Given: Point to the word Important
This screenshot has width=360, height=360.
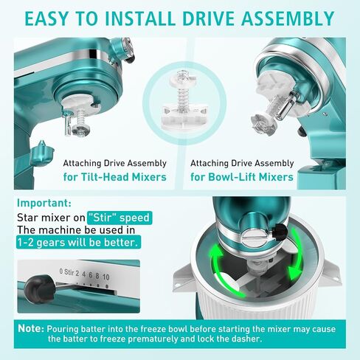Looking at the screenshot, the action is pyautogui.click(x=43, y=203).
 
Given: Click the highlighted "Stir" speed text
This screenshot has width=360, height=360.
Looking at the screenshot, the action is pyautogui.click(x=120, y=218).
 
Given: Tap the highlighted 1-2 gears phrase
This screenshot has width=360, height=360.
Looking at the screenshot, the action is pyautogui.click(x=78, y=242).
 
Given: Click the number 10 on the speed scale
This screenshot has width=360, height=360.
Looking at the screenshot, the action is pyautogui.click(x=105, y=277).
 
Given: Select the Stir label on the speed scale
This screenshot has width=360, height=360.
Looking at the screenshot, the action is pyautogui.click(x=69, y=272).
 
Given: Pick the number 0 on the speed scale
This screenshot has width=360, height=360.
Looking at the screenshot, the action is pyautogui.click(x=61, y=271).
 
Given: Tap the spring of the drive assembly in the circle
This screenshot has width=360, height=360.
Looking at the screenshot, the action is pyautogui.click(x=182, y=94).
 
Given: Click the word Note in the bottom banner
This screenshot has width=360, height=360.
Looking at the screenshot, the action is pyautogui.click(x=30, y=328).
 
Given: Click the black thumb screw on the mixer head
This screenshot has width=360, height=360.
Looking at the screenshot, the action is pyautogui.click(x=279, y=232).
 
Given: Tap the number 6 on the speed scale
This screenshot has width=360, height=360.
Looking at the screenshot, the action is pyautogui.click(x=91, y=275).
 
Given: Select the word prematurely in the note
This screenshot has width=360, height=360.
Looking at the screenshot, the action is pyautogui.click(x=153, y=339).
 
